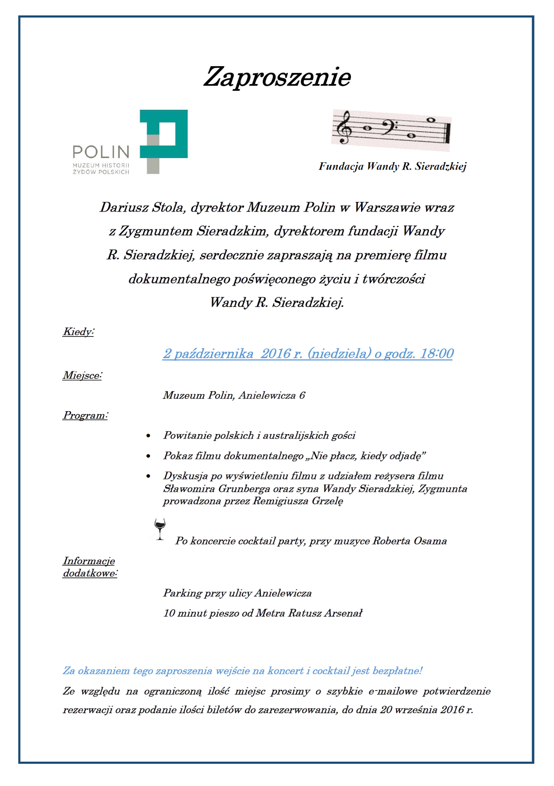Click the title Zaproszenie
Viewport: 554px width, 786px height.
[x=277, y=77]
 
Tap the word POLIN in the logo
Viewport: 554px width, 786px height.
[x=101, y=152]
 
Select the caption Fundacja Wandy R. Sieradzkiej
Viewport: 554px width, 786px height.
[x=392, y=167]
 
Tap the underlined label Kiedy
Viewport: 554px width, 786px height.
[x=78, y=332]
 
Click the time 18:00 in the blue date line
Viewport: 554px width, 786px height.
[x=437, y=353]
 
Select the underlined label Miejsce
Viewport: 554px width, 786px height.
[x=82, y=375]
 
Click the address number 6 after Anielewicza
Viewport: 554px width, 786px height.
[x=302, y=395]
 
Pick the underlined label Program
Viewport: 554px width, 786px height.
[x=85, y=416]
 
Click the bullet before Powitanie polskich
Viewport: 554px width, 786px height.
[x=148, y=436]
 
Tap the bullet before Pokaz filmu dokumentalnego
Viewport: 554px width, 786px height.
[x=148, y=456]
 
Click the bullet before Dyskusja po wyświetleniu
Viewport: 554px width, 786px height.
[x=148, y=476]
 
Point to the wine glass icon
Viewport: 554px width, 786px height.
[x=160, y=529]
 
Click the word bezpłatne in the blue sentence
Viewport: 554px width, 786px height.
[x=396, y=671]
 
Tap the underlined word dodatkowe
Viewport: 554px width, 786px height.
[x=89, y=574]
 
